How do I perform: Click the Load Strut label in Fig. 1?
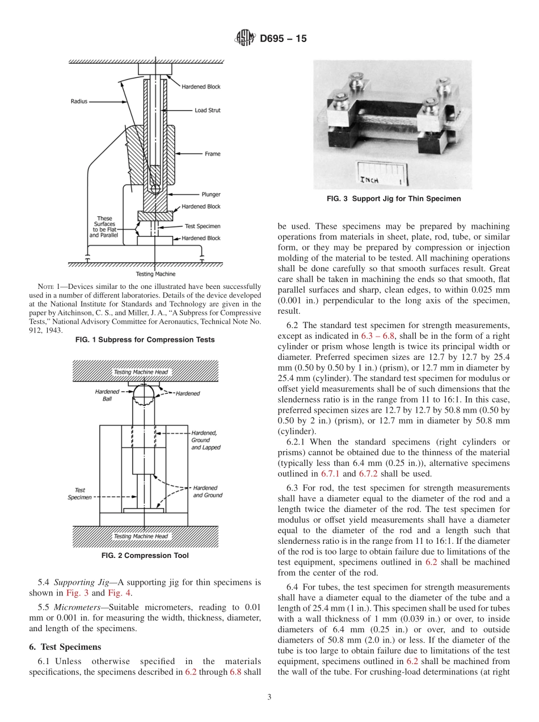pos(207,111)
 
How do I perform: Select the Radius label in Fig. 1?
pos(79,101)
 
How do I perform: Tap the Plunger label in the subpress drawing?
pos(211,194)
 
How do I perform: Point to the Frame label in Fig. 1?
pos(212,154)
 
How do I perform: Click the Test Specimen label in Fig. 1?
pos(203,226)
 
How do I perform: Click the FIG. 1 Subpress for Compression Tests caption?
pos(145,340)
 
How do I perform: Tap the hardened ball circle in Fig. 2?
pos(144,393)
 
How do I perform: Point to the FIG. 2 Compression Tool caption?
pos(145,556)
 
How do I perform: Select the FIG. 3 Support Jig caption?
pos(394,199)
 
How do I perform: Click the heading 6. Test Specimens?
pos(65,647)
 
